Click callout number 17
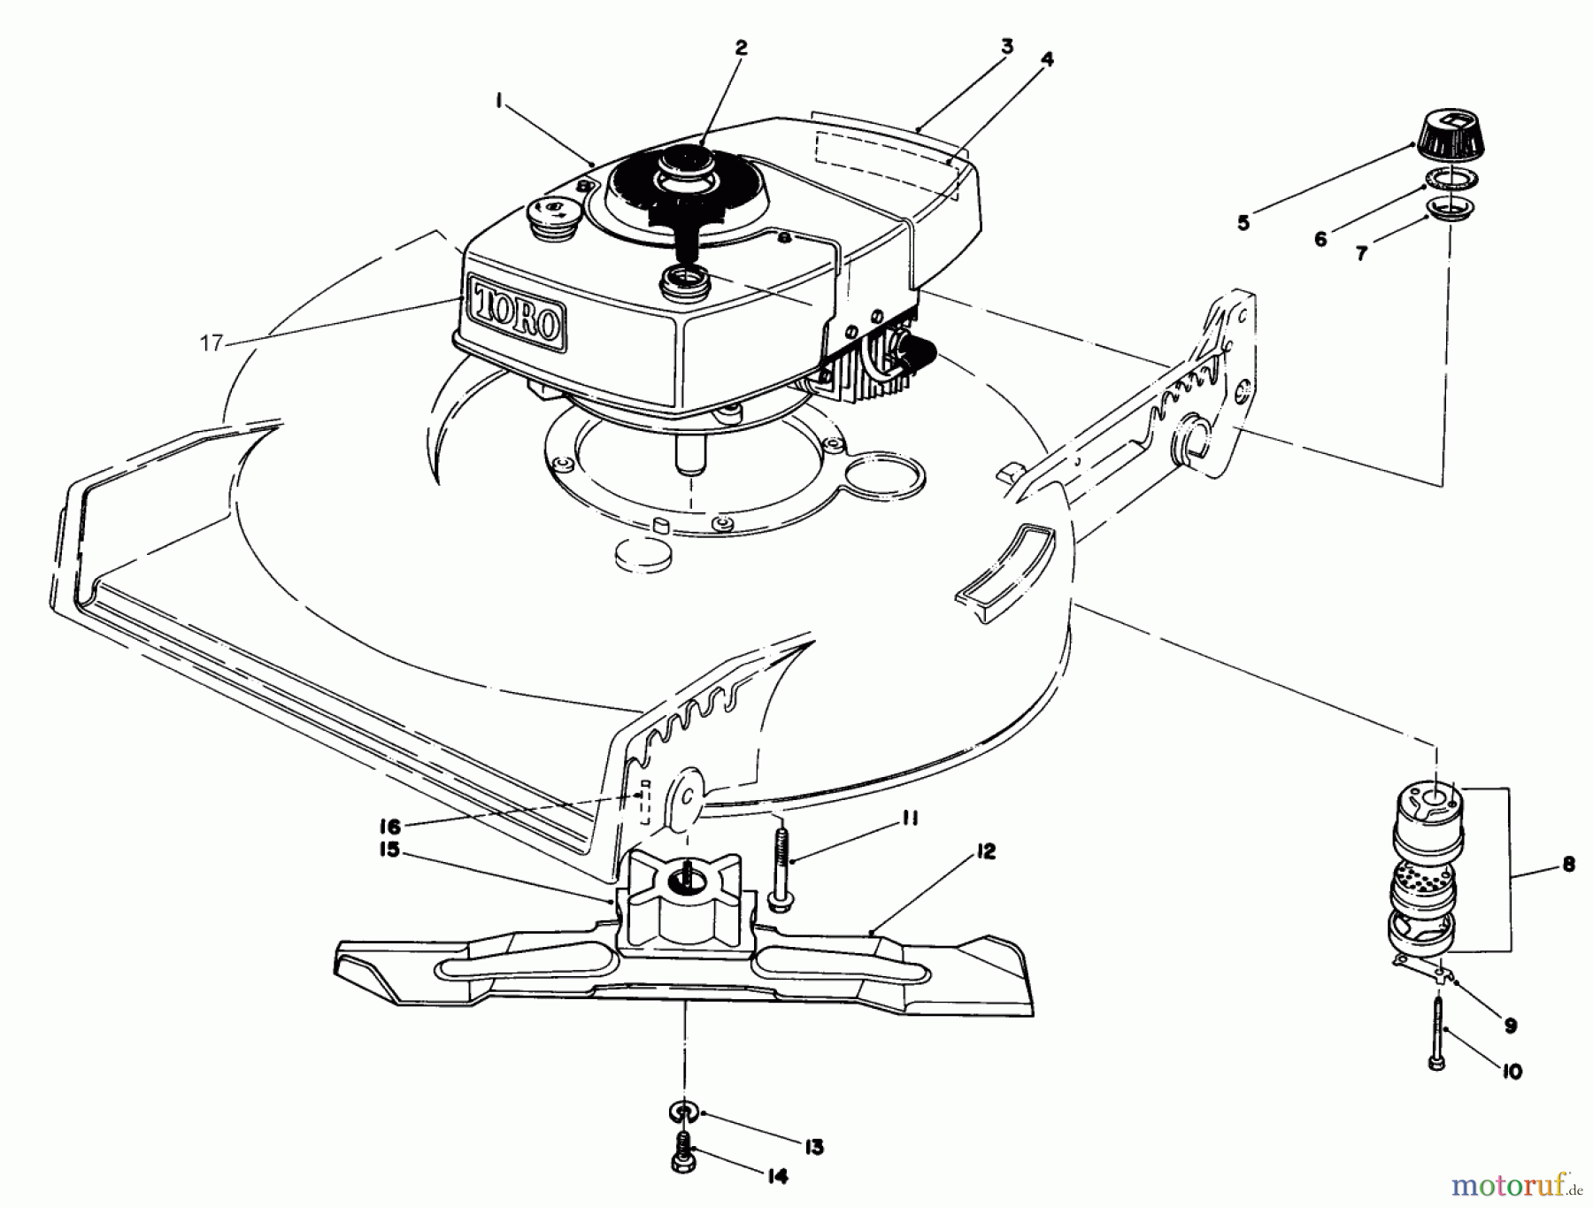[212, 342]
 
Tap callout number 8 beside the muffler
[1569, 865]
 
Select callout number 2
[741, 48]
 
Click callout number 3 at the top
[1006, 47]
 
